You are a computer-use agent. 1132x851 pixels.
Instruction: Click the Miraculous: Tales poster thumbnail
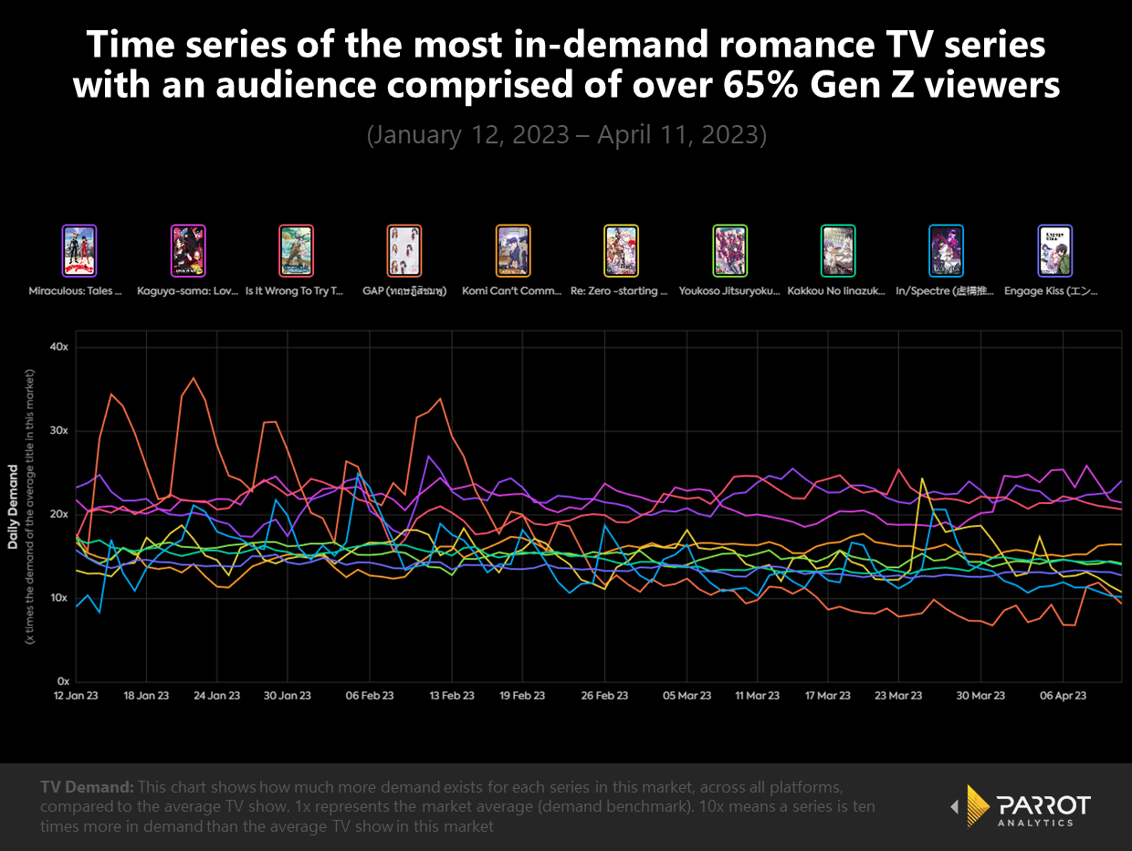click(79, 250)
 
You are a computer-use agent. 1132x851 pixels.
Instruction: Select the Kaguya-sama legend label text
click(187, 291)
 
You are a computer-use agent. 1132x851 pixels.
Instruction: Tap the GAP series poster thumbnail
click(404, 250)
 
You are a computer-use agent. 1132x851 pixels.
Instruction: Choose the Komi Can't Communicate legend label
click(513, 291)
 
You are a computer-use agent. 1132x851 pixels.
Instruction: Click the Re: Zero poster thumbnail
click(622, 250)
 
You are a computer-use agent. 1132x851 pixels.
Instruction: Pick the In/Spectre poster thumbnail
click(946, 250)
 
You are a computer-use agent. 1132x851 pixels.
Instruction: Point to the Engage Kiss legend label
click(1054, 291)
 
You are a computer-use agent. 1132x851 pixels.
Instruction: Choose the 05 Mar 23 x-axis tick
click(687, 696)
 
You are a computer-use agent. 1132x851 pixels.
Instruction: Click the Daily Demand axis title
click(14, 507)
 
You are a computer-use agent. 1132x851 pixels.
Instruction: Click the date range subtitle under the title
click(566, 135)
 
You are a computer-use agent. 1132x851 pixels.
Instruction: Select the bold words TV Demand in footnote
click(87, 786)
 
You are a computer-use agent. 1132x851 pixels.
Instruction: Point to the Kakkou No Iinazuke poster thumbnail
click(838, 250)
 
